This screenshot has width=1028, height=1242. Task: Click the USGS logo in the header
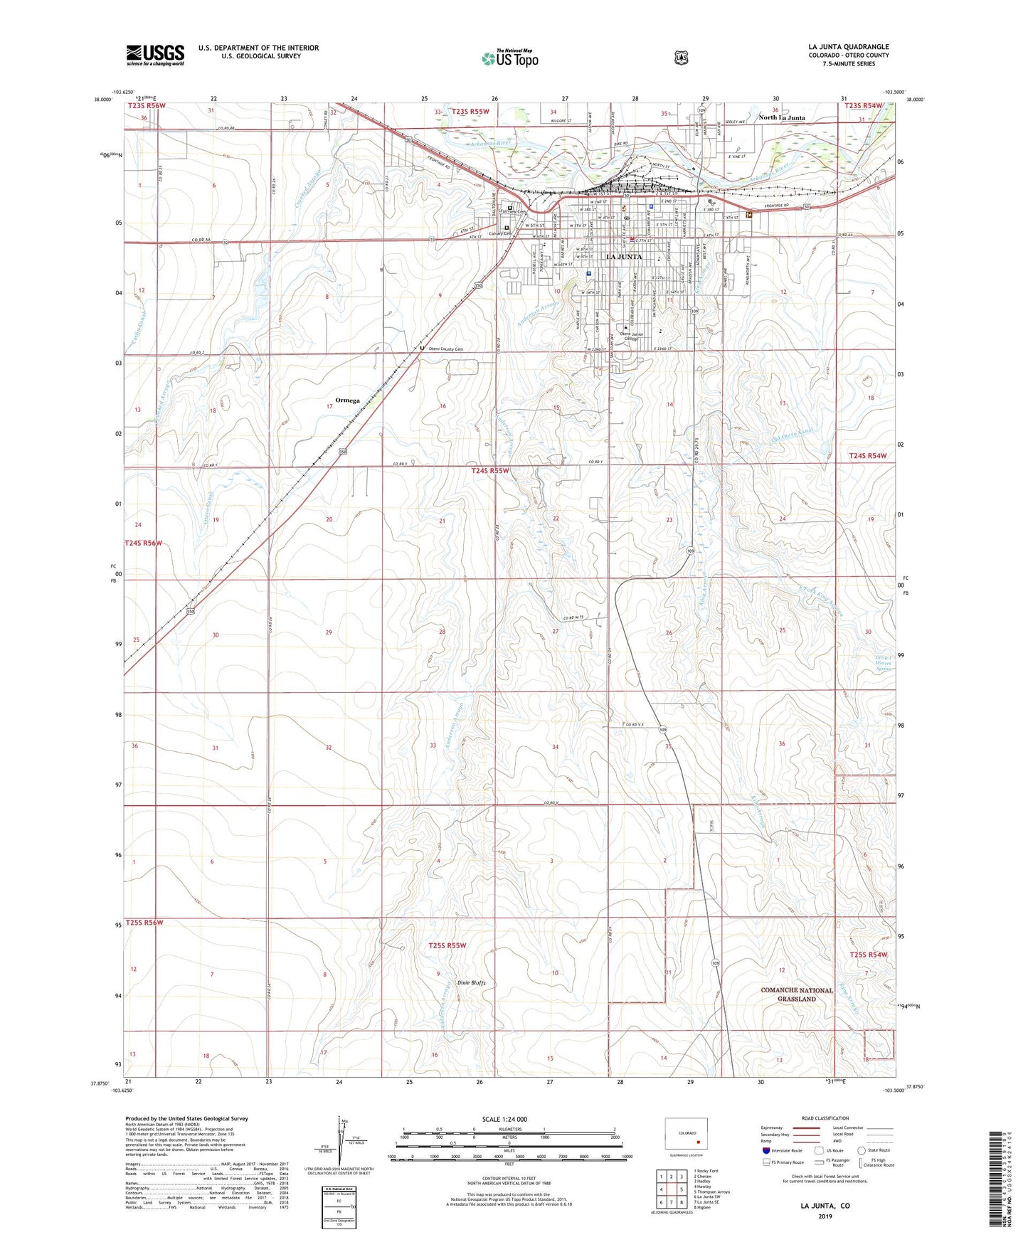155,55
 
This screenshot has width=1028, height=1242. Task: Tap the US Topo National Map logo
509,58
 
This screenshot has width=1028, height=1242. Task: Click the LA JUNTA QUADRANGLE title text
848,47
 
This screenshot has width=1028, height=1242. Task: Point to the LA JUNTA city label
624,257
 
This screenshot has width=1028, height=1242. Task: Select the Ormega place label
347,400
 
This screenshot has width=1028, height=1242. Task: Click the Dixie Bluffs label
471,983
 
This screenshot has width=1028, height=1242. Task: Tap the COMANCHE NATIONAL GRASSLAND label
796,994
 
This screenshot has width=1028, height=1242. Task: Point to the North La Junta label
781,118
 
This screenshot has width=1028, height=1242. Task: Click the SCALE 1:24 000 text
504,1119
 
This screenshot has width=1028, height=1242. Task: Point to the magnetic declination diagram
340,1148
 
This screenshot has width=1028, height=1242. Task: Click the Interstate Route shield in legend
766,1150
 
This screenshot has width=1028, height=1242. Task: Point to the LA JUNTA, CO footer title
825,1206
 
